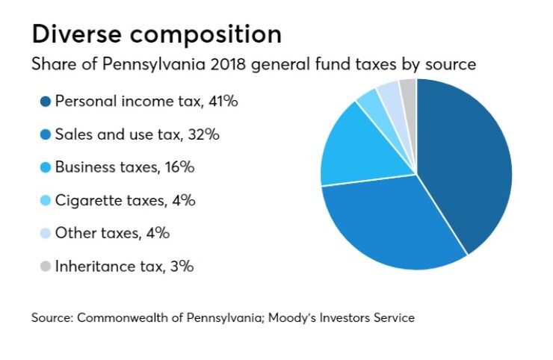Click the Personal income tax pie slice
(x=467, y=161)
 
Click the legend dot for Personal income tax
(x=45, y=102)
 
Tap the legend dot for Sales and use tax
(x=45, y=134)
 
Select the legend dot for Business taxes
(x=45, y=167)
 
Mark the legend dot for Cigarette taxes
(x=45, y=200)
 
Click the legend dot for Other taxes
(x=45, y=233)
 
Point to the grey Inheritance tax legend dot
(x=45, y=266)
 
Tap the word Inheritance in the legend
(x=92, y=266)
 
